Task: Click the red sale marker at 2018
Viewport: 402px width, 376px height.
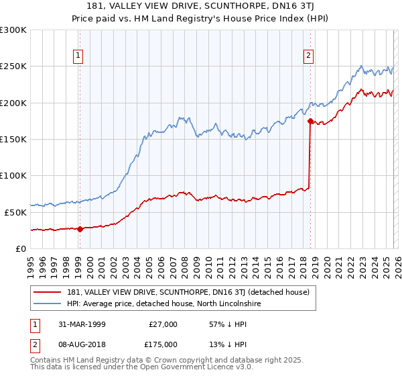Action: coord(310,122)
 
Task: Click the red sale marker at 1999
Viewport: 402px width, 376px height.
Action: coord(80,229)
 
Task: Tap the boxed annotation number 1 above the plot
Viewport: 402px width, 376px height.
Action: coord(79,56)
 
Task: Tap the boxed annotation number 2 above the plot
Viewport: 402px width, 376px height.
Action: coord(308,56)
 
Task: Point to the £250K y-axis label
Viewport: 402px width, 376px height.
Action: coord(13,66)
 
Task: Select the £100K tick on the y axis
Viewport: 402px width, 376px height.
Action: coord(13,175)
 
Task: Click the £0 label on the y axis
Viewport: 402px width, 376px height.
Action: coord(20,248)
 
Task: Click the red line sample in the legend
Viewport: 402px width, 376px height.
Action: coord(48,292)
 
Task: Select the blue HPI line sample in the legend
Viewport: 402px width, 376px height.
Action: coord(48,304)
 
